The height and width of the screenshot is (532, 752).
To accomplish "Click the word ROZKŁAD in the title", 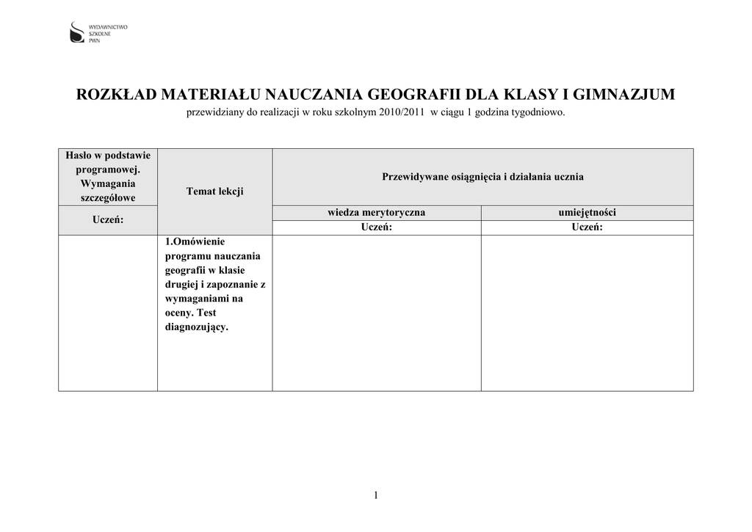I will [117, 95].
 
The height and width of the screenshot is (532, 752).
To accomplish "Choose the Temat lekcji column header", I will [214, 191].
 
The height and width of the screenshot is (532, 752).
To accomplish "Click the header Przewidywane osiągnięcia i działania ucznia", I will [482, 177].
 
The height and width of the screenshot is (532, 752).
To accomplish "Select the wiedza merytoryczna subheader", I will [376, 213].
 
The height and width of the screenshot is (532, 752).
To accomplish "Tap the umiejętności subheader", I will [587, 213].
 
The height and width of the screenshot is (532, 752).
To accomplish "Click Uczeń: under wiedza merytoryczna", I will [376, 227].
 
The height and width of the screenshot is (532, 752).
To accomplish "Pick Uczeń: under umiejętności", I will [587, 227].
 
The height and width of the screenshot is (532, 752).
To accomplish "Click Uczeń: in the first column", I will [108, 219].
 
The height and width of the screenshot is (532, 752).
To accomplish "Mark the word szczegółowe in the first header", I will [108, 198].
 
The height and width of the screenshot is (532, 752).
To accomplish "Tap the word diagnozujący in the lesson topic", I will [197, 327].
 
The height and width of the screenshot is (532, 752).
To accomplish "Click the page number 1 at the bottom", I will [375, 496].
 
